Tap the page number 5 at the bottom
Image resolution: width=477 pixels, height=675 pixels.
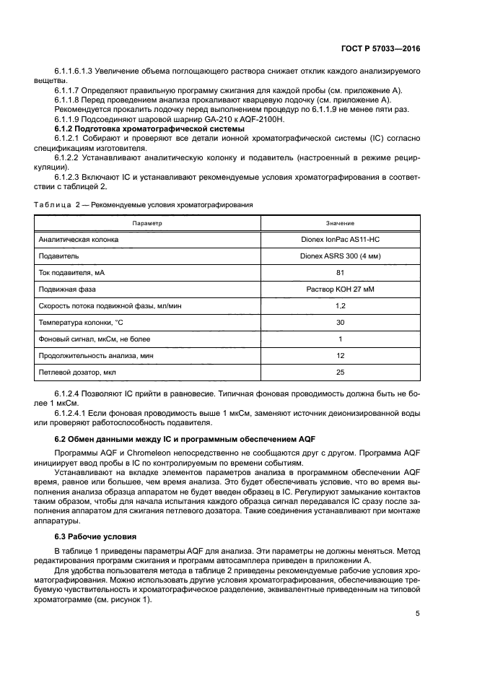coord(418,615)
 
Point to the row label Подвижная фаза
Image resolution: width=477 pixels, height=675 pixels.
coord(67,289)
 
